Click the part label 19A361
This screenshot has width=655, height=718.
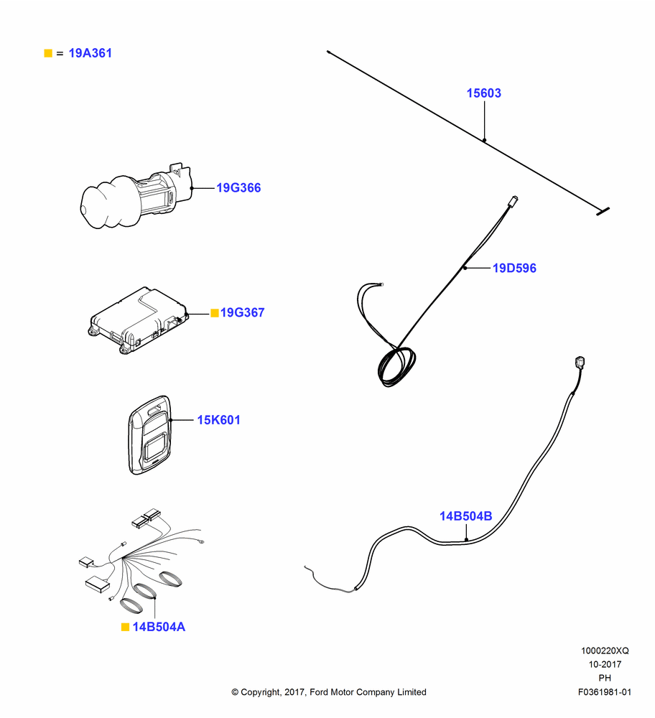tap(90, 53)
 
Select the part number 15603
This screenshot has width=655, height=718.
tap(483, 93)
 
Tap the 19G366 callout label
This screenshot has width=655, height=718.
tap(238, 187)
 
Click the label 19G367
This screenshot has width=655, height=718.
tap(242, 312)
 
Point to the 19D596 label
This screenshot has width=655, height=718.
tap(514, 268)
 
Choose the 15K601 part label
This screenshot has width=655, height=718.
tap(218, 420)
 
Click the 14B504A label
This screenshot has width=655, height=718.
tap(159, 627)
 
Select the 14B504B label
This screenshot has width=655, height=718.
tap(466, 516)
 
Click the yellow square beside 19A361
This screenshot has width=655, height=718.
tap(48, 53)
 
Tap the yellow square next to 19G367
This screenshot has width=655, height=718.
tap(214, 313)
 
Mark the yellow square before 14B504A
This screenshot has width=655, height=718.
tap(125, 627)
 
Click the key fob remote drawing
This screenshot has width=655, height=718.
tap(150, 435)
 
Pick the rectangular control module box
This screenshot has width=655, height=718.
tap(139, 320)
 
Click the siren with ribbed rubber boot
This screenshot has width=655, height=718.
tap(136, 195)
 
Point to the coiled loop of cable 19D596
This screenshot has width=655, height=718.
tap(396, 366)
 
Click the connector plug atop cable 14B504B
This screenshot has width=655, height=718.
tap(580, 362)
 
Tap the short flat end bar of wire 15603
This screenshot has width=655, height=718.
tap(603, 211)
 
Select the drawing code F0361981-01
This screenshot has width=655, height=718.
tap(605, 692)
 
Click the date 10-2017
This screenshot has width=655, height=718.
tap(605, 664)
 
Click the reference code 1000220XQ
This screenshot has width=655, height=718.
tap(605, 651)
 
